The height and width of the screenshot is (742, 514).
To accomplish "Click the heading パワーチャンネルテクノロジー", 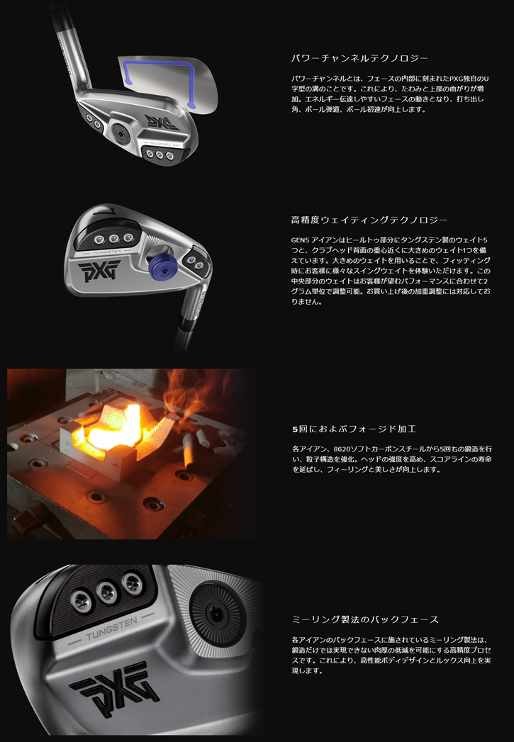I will (359, 58).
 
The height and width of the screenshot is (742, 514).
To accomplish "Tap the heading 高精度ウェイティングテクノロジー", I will (369, 220).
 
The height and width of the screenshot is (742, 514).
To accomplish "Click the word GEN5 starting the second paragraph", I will (301, 240).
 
